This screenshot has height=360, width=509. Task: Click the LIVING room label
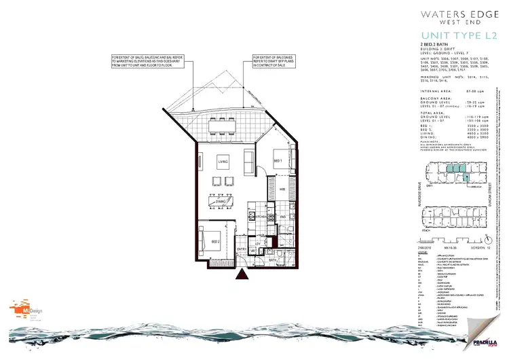(222, 161)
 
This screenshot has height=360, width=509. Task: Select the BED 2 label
(214, 241)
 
